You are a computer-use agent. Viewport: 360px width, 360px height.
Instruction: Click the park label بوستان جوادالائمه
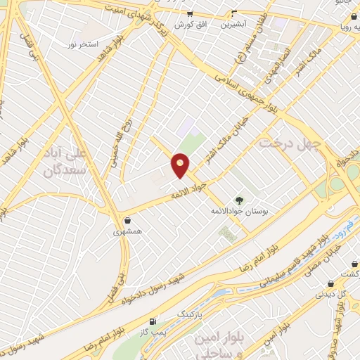(x=238, y=211)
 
